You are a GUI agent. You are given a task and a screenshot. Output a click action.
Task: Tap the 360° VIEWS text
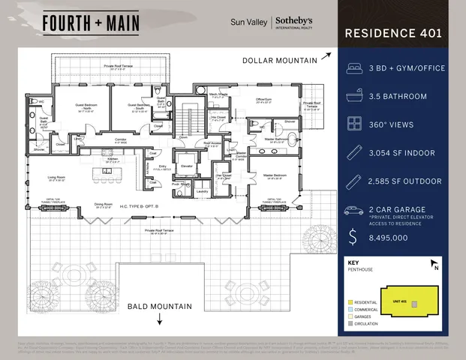393,124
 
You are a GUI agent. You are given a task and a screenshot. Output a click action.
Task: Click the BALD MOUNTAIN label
160,306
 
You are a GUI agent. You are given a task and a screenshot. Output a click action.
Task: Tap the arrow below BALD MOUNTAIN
160,319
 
